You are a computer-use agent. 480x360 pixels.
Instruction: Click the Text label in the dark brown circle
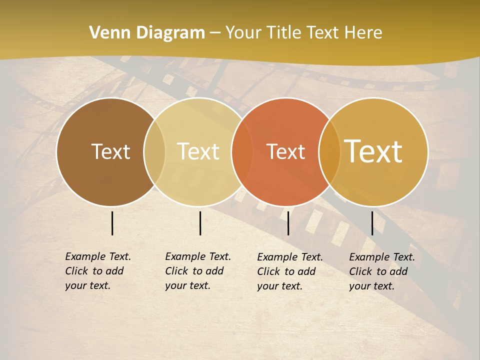[110, 151]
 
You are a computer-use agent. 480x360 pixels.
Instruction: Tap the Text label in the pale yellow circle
[198, 151]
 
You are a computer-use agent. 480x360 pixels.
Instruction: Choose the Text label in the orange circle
[285, 151]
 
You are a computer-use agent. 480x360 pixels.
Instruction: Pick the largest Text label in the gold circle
[373, 151]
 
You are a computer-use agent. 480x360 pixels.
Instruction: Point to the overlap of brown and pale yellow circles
[154, 151]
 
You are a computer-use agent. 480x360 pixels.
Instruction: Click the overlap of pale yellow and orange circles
[241, 151]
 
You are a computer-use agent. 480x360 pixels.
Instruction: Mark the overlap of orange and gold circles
[329, 151]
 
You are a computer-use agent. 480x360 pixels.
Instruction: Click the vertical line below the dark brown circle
[112, 223]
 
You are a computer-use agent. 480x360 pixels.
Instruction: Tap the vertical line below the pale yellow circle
[200, 223]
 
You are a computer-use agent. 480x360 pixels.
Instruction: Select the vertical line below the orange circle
[288, 223]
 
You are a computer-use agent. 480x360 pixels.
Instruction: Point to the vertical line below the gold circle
[372, 223]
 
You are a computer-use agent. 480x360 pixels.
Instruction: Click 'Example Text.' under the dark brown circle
[98, 256]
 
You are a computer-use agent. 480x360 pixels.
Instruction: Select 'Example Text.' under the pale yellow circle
[198, 256]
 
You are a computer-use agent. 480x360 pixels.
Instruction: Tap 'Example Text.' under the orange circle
[290, 257]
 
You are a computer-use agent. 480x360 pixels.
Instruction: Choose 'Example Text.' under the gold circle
[382, 257]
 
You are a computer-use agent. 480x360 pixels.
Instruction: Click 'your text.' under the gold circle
[372, 286]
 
